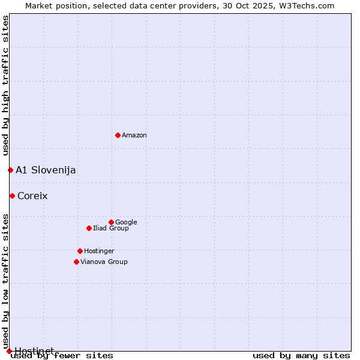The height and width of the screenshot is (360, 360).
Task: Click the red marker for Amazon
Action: (118, 135)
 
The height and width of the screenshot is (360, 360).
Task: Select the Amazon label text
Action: (134, 136)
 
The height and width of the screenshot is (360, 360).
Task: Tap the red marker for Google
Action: (111, 222)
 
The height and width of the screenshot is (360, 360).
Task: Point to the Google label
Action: (126, 223)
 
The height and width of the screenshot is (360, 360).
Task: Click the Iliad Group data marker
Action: (89, 228)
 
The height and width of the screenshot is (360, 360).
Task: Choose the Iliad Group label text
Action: (111, 229)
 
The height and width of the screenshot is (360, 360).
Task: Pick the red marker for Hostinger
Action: (80, 251)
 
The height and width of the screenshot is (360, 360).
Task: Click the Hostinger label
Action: (99, 251)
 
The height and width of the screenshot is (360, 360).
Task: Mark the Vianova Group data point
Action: (76, 262)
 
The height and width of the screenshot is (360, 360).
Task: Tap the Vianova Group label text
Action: (104, 262)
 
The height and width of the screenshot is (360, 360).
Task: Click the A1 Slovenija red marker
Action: (10, 170)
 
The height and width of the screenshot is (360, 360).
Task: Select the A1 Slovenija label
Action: (46, 170)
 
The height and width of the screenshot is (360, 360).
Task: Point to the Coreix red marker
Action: (12, 196)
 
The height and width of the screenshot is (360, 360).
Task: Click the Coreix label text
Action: (32, 196)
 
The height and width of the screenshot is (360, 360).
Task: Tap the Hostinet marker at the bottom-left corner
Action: (9, 351)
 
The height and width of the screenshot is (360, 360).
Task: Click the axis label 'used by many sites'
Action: (301, 356)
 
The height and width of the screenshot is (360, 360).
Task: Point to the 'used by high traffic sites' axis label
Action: (5, 86)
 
